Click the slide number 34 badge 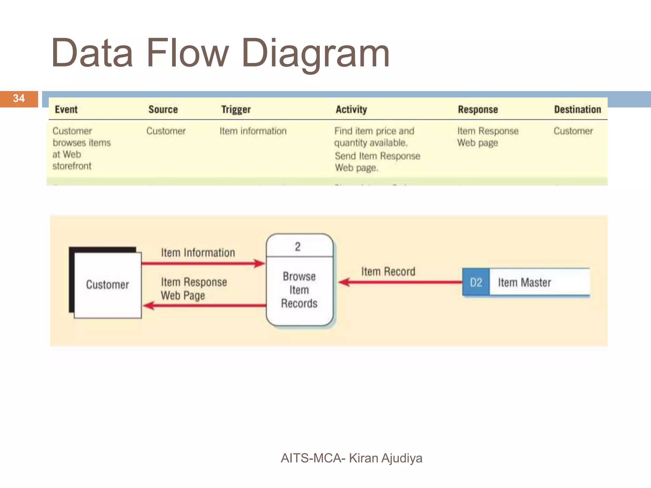click(x=19, y=98)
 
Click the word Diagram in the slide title click(x=315, y=53)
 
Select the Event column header click(x=66, y=110)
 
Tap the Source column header click(x=163, y=110)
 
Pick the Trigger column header click(x=236, y=110)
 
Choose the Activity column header click(x=351, y=110)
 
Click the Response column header click(x=478, y=110)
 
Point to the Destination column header click(x=578, y=110)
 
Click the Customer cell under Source click(x=166, y=131)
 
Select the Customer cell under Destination click(x=573, y=131)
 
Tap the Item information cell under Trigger click(x=253, y=131)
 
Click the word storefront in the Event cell click(x=72, y=166)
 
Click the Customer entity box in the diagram click(x=107, y=285)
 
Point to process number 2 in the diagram click(x=298, y=247)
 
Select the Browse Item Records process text click(x=299, y=290)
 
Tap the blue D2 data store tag click(x=476, y=282)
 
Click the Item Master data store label click(x=524, y=282)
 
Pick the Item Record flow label click(x=388, y=272)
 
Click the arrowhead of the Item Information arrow click(x=260, y=263)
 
